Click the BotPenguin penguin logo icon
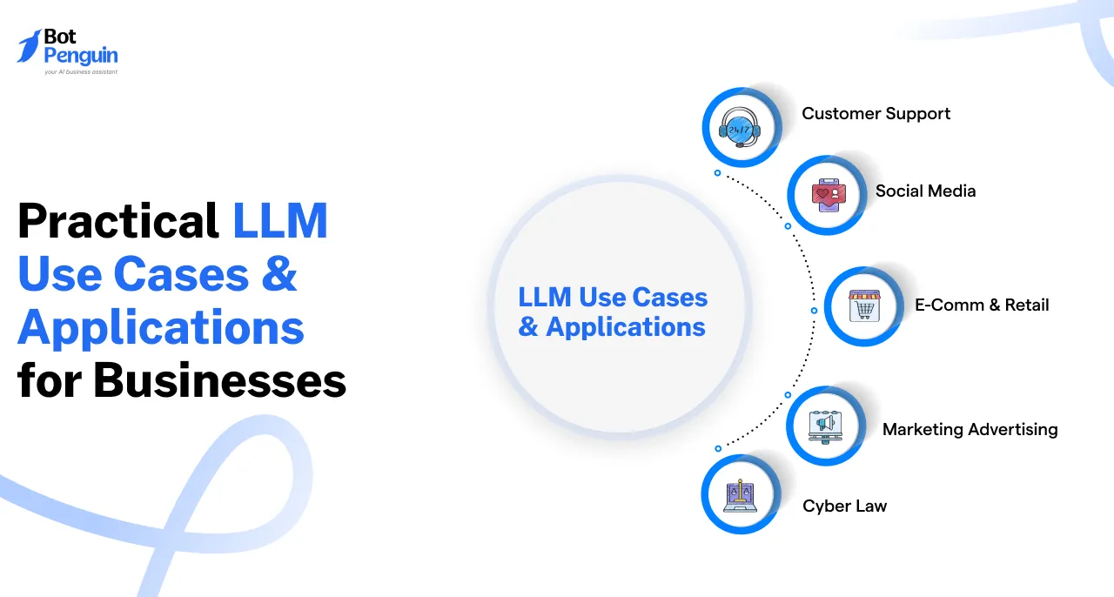click(30, 46)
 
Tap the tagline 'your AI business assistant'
click(81, 72)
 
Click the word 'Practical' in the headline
click(118, 221)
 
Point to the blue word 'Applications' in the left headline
click(161, 328)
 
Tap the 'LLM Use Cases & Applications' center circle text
click(613, 312)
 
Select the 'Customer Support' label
click(876, 114)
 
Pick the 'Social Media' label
click(925, 191)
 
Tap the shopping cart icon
click(864, 306)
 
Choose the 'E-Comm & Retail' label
click(982, 305)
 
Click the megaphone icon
click(825, 426)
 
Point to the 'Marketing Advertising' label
click(970, 429)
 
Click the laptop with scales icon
click(740, 495)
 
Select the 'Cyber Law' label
click(844, 506)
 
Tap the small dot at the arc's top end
click(717, 173)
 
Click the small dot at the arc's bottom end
click(718, 448)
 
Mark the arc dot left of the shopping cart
click(814, 310)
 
